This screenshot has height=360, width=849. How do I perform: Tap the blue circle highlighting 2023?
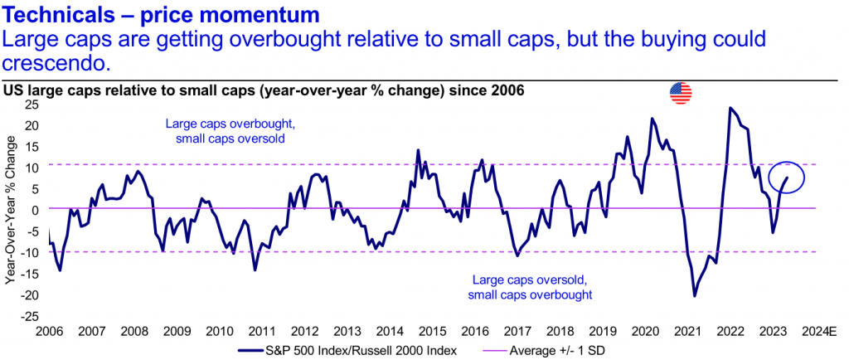point(780,176)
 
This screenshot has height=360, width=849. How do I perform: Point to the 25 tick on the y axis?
point(32,104)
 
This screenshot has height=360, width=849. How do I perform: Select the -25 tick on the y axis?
point(30,316)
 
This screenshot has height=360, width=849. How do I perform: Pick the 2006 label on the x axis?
point(48,331)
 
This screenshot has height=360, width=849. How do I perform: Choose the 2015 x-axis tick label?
point(431,331)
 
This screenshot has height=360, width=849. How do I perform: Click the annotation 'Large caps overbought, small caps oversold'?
point(225,131)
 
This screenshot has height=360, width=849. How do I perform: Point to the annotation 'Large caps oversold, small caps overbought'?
point(530,287)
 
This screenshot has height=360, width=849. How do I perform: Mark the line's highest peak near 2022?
point(730,108)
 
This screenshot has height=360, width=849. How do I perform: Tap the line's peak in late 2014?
point(418,150)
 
